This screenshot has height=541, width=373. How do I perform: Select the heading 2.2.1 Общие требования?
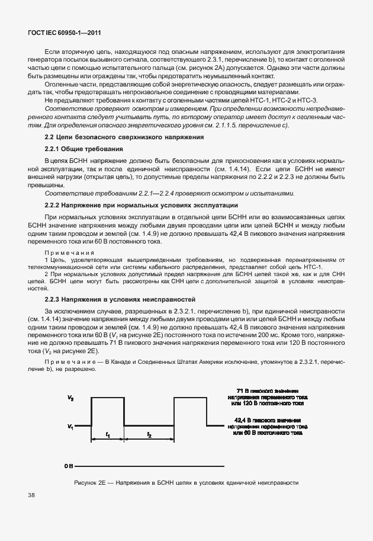coord(83,149)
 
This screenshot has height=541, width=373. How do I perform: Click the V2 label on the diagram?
coord(70,399)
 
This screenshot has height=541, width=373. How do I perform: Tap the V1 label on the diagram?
coord(70,426)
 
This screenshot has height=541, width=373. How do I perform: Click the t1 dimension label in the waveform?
coord(108,435)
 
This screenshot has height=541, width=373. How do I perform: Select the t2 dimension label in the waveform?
coord(149,435)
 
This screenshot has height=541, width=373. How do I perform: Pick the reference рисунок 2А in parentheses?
coord(223,68)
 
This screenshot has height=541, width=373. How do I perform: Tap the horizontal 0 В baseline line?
coord(148,466)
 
